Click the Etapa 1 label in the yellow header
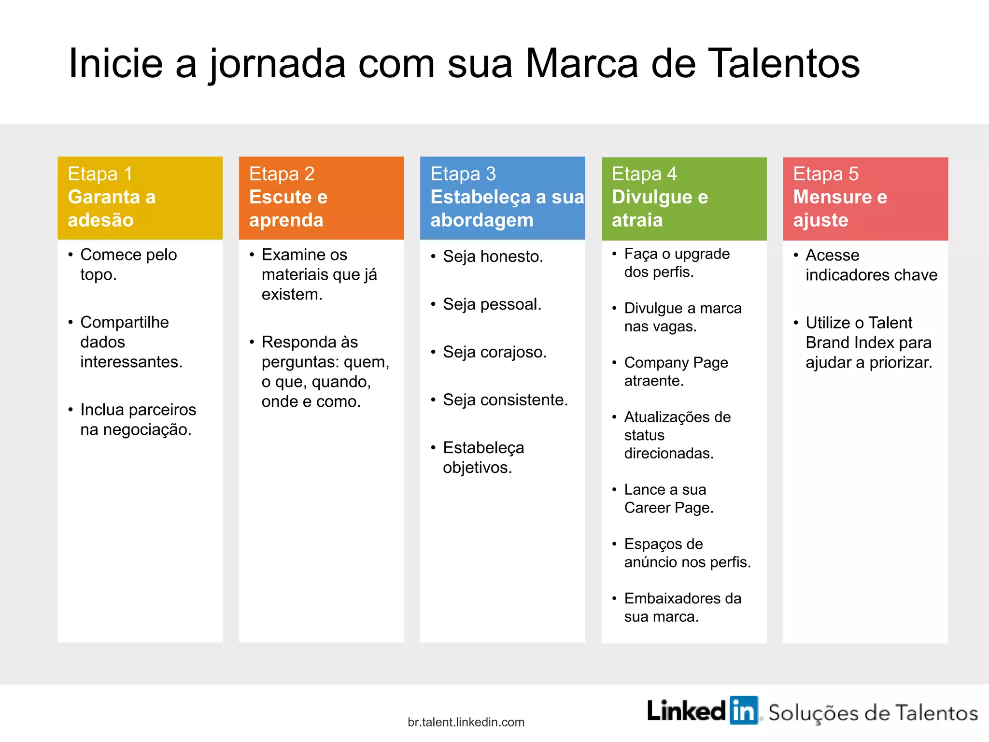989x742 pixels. tap(100, 174)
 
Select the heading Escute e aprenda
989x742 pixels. tap(288, 208)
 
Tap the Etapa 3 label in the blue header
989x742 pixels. tap(463, 174)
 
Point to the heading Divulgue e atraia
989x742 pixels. tap(660, 208)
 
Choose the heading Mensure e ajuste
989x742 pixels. tap(840, 208)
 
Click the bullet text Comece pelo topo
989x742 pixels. tap(128, 264)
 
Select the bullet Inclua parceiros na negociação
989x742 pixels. tap(138, 419)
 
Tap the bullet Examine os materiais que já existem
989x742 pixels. tap(319, 274)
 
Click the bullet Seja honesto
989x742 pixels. tap(493, 257)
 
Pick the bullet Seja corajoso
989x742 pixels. tap(494, 352)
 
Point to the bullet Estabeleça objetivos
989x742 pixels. tap(483, 457)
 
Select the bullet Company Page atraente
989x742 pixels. tap(676, 371)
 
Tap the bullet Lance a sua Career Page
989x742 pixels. tap(668, 499)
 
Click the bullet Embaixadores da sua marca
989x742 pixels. tap(682, 607)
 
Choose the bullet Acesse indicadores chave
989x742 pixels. tap(871, 265)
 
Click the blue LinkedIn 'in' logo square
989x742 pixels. tap(744, 711)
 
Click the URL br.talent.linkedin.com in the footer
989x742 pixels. tap(466, 722)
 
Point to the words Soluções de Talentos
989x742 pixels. tap(873, 713)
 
